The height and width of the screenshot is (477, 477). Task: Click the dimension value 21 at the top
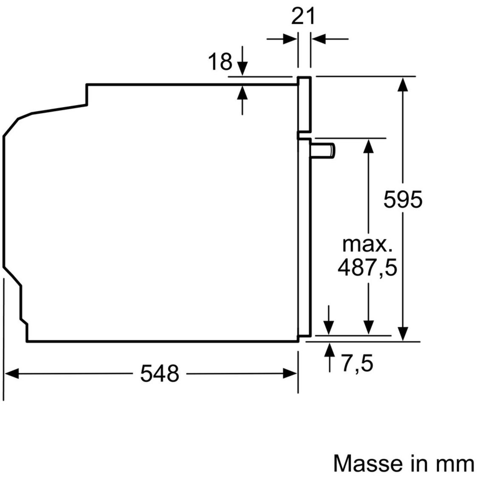point(303,16)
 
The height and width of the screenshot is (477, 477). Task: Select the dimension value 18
point(220,62)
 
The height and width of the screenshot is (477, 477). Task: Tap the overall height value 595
point(403,199)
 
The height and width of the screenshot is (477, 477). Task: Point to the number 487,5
point(367,268)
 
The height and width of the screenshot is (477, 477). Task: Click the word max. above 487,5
point(367,245)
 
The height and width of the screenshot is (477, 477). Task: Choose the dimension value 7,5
point(357,364)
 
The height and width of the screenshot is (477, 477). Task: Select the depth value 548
point(160,374)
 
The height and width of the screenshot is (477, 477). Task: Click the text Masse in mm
point(403,463)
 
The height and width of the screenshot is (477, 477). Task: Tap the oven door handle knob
point(323,151)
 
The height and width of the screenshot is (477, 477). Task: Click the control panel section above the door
point(304,104)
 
